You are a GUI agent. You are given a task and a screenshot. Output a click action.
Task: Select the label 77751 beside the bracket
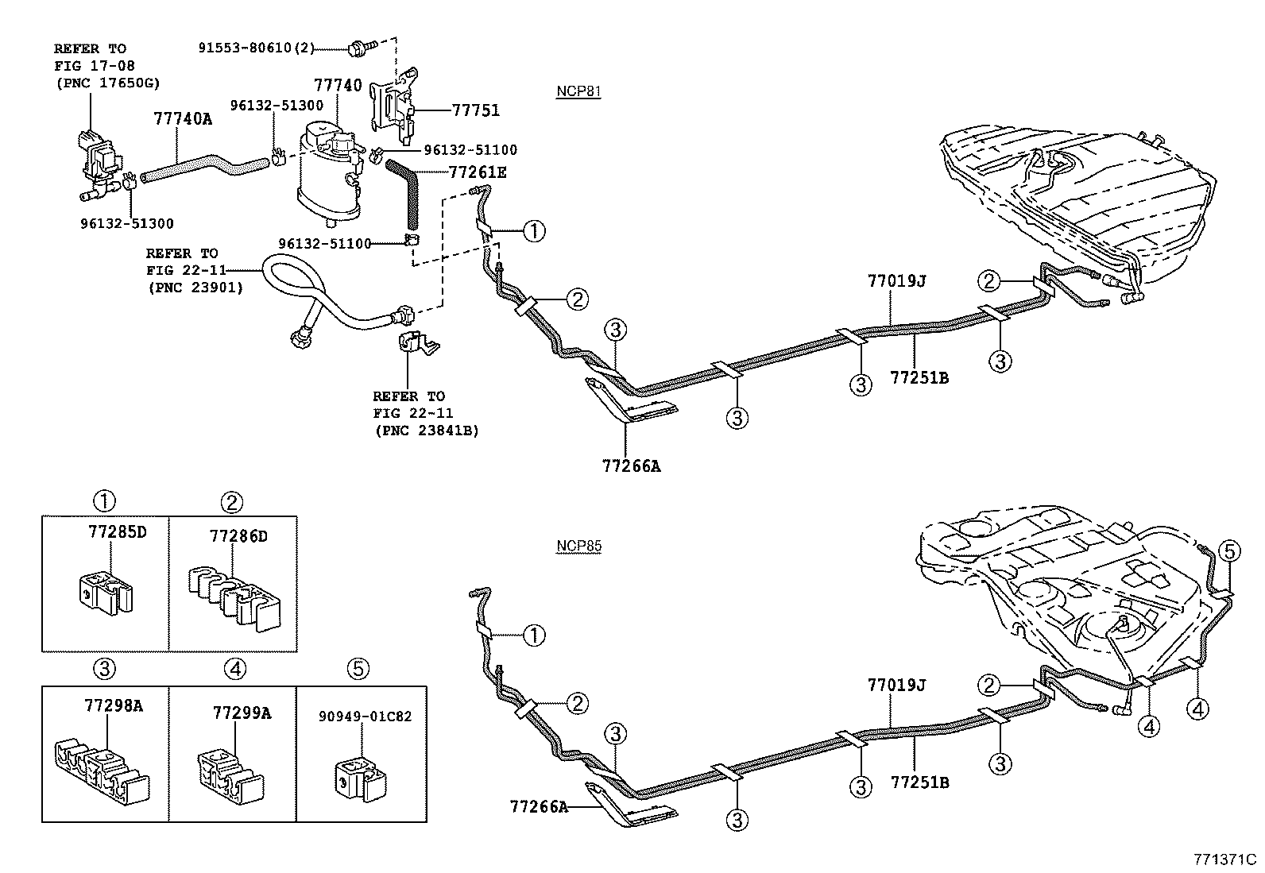pos(476,110)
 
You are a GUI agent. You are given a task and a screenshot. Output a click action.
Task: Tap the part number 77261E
pos(477,172)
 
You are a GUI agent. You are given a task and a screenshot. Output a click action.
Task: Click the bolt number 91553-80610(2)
pos(256,48)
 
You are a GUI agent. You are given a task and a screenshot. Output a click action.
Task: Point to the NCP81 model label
pos(578,91)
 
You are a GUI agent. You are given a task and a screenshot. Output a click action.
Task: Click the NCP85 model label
pos(578,547)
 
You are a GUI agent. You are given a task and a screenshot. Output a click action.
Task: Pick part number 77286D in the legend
pos(238,536)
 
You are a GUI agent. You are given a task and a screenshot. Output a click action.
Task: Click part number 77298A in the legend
pos(113,705)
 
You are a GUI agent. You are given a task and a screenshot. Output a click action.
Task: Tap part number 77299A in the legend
pos(242,713)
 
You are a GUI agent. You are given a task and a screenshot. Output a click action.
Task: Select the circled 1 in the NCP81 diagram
pos(534,231)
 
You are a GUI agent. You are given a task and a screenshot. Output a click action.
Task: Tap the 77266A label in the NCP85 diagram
pos(539,807)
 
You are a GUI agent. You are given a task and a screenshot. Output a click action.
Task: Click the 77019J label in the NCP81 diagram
pos(896,280)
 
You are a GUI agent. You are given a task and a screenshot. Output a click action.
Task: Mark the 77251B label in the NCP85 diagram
pos(919,782)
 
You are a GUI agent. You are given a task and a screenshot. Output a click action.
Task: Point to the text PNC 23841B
pos(426,431)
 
